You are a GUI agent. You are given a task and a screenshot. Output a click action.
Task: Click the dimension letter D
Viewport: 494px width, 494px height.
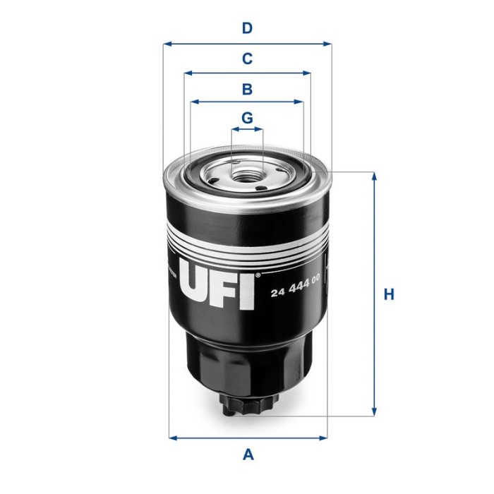(247, 28)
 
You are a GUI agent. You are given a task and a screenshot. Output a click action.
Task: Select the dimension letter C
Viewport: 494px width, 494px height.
(247, 59)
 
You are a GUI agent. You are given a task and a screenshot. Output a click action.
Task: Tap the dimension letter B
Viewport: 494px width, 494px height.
(247, 89)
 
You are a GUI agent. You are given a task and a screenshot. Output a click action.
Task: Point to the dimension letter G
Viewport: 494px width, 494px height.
(247, 118)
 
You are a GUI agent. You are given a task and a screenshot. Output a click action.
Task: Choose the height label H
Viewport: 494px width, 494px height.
(388, 294)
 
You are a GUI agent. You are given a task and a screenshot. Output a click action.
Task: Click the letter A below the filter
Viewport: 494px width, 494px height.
(248, 455)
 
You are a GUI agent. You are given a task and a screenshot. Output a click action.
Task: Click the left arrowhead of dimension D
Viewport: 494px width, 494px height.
(167, 44)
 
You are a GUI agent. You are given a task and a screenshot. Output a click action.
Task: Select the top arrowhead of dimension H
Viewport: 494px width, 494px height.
(374, 176)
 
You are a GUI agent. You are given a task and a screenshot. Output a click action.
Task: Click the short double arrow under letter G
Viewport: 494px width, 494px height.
(247, 130)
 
